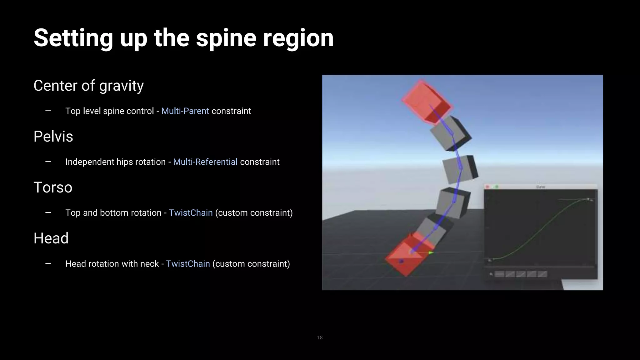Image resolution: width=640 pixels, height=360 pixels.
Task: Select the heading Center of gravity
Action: tap(88, 86)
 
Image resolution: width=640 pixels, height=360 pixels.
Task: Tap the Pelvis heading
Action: tap(53, 137)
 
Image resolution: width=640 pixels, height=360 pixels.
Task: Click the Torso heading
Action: tap(53, 187)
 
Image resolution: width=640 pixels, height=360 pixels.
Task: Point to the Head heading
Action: tap(51, 238)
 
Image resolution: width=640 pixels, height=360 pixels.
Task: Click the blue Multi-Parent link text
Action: tap(185, 111)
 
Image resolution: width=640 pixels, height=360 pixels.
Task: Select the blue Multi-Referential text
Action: tap(205, 162)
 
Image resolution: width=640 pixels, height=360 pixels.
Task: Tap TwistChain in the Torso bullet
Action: tap(191, 213)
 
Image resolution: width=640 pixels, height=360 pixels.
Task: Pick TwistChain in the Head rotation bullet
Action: tap(188, 264)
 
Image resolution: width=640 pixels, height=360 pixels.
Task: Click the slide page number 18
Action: tap(320, 337)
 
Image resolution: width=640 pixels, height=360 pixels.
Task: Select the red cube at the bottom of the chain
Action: tap(405, 256)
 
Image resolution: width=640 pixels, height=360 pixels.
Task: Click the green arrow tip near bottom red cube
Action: tap(431, 252)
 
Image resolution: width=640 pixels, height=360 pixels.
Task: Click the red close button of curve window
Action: tap(487, 187)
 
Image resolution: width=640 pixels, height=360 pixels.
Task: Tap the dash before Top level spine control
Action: tap(48, 111)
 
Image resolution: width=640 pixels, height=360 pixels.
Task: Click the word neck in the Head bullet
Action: tap(149, 264)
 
